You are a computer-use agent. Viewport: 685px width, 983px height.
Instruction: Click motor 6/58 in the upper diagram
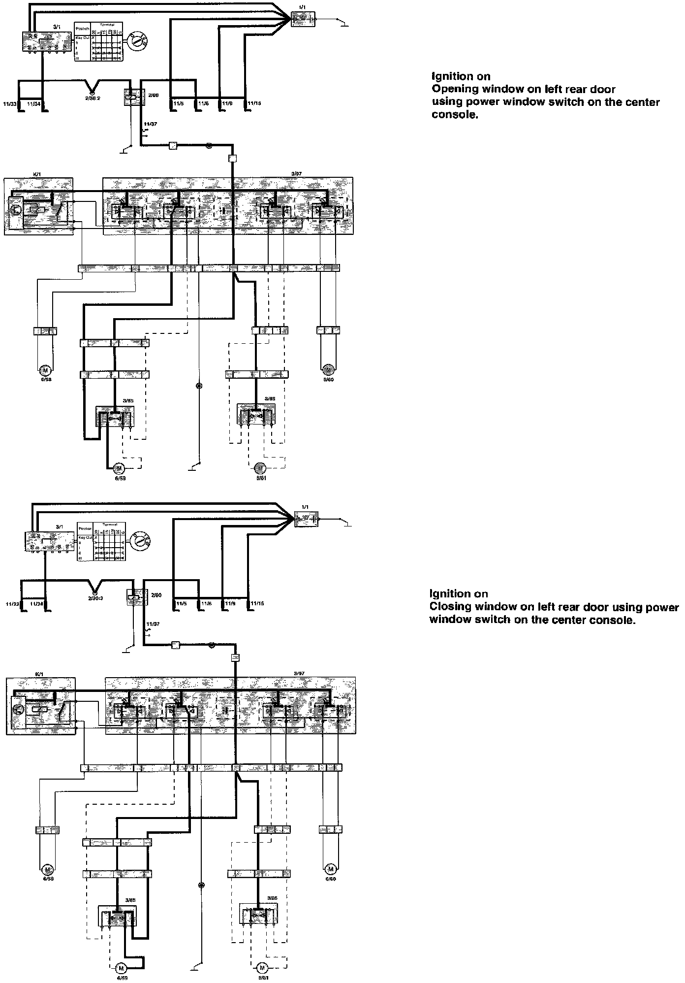tap(45, 369)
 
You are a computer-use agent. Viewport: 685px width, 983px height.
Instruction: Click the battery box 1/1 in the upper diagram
tap(303, 19)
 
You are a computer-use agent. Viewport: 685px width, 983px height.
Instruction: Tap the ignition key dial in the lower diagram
tap(141, 541)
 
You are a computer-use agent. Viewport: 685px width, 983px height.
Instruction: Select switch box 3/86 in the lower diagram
tap(258, 914)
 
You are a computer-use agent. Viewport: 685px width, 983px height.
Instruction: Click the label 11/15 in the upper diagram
tap(255, 104)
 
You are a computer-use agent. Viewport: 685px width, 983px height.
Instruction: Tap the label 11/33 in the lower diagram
tap(12, 603)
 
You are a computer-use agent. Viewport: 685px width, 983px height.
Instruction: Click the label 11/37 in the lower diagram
tap(153, 624)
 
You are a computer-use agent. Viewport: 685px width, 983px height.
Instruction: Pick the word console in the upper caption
tap(455, 115)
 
